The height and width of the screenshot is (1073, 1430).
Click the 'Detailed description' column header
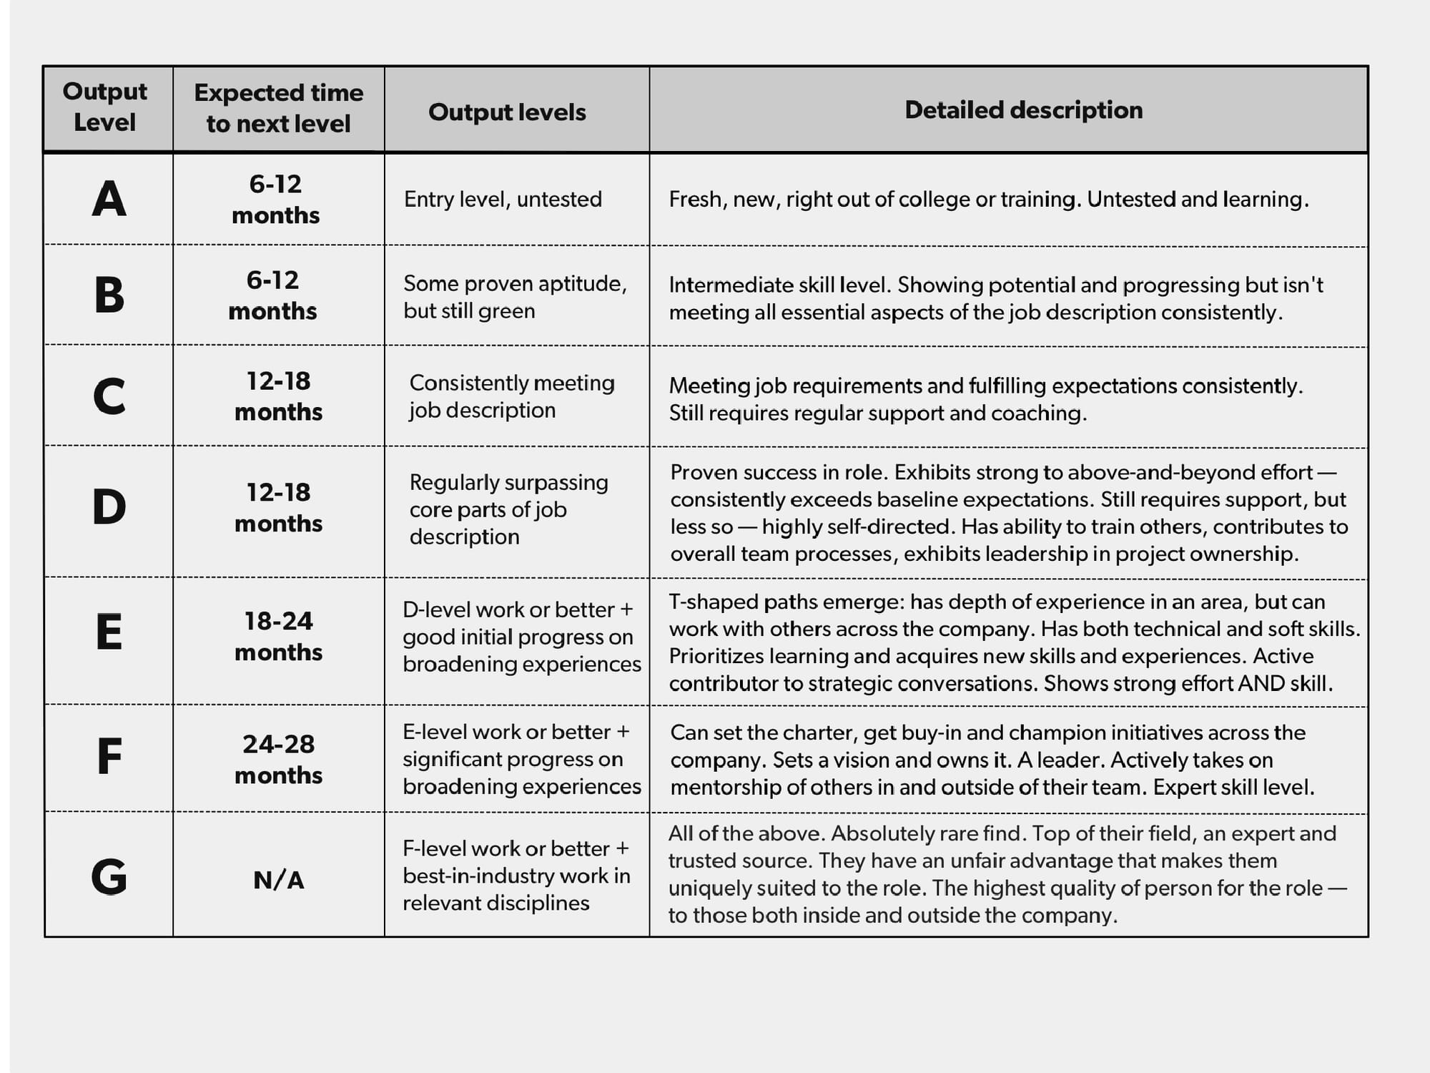click(1023, 110)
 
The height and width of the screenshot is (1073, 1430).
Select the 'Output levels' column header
click(507, 112)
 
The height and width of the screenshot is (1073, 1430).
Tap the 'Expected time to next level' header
click(278, 108)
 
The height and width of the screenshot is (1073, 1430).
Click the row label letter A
click(109, 199)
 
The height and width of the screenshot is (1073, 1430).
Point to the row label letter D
click(109, 507)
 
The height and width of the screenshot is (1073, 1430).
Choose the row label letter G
click(109, 876)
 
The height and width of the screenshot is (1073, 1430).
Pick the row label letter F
click(109, 757)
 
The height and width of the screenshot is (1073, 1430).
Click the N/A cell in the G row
click(278, 880)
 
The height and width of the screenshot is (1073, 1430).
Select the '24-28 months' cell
click(278, 759)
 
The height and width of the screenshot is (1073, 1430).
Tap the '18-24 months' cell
click(278, 636)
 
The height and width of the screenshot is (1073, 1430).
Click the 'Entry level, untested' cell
click(503, 199)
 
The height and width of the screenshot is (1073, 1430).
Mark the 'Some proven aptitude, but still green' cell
click(515, 297)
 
